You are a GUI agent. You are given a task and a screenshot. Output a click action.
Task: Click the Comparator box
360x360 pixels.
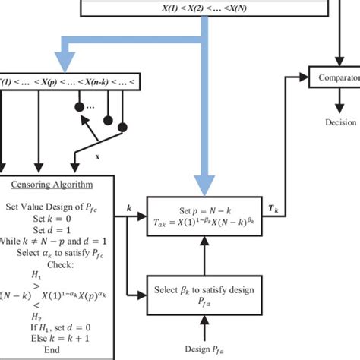click(333, 77)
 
